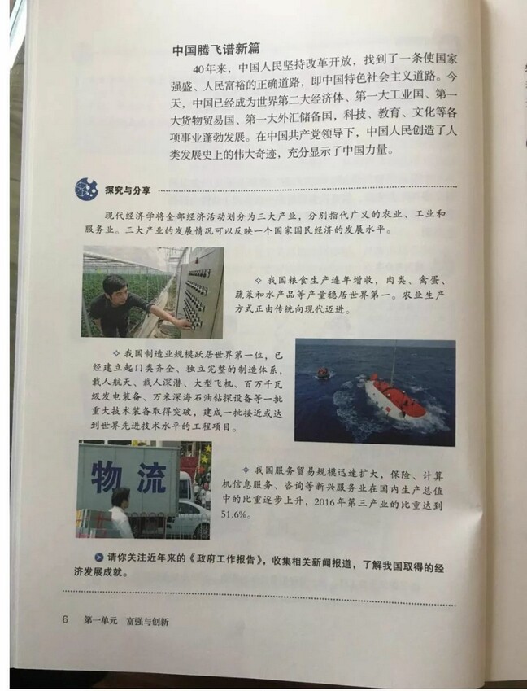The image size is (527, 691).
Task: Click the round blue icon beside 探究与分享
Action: coord(85,189)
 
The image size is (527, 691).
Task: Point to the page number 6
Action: coord(64,619)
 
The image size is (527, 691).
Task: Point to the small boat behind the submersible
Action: coord(324,373)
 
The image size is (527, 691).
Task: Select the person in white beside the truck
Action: coord(120,512)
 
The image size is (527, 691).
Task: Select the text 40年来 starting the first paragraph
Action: coord(214,67)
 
